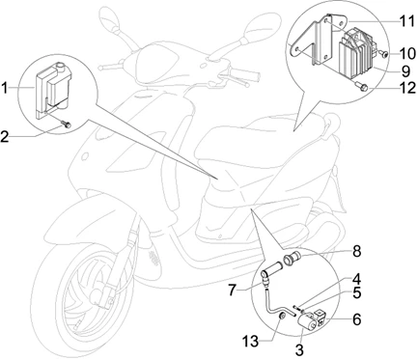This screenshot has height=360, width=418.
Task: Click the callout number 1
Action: coord(5,88)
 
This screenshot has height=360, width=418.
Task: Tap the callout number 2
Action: coord(5,137)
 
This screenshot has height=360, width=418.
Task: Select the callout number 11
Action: coord(407,21)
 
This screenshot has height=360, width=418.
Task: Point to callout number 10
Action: coord(408,53)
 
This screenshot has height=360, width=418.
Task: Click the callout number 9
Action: coord(405,71)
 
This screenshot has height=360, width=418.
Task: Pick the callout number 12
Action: coord(408,88)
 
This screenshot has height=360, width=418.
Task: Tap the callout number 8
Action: coord(356,251)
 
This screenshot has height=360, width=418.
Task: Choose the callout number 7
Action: coord(234,291)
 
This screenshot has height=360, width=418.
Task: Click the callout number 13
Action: coord(251,342)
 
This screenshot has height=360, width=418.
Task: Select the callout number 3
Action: coord(299,350)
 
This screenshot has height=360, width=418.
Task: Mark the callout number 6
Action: coord(357,319)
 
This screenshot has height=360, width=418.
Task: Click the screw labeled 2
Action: coord(67,125)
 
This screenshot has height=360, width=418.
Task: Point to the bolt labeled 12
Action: coord(361,86)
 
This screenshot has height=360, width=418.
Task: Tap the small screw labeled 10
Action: coord(383,54)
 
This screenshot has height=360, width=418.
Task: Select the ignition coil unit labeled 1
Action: coord(53,90)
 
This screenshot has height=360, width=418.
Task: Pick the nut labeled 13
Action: coord(282,317)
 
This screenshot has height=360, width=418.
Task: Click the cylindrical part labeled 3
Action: coord(307,321)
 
